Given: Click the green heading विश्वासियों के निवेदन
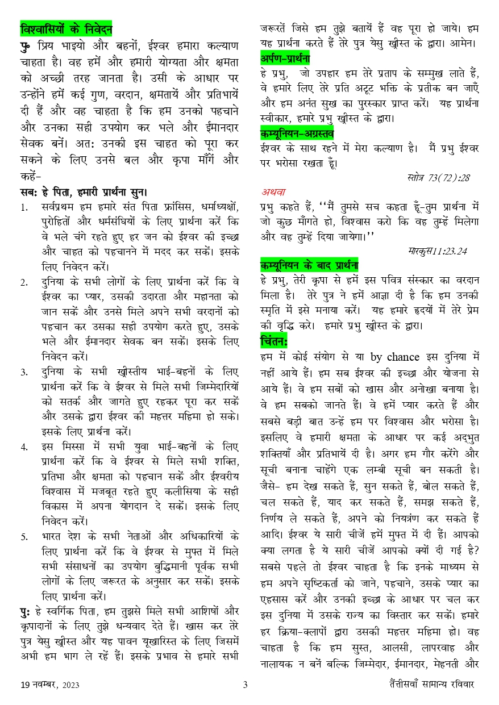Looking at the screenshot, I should coord(66,28).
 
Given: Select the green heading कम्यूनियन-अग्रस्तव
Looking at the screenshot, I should coord(297,134).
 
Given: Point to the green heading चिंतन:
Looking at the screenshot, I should coord(274,341).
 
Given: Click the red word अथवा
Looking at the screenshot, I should coord(273,191).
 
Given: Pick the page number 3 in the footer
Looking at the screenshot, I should coord(246,685).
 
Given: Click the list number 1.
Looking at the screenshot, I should coord(24,207).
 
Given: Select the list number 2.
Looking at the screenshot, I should coord(24,282).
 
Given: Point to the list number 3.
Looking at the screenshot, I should coord(24,372).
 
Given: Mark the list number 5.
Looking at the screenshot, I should coord(24,536).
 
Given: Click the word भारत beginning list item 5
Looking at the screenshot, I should coord(52,536).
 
